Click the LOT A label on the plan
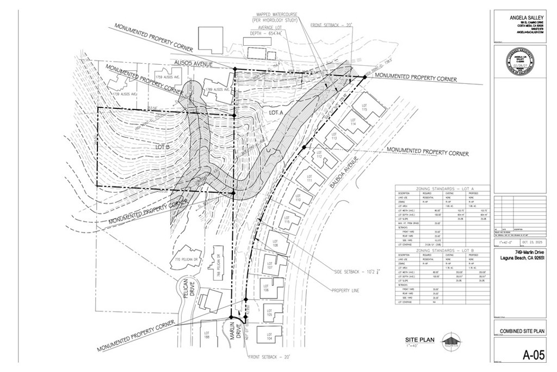(277, 112)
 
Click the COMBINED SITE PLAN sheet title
(523, 331)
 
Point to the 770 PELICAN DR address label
(185, 259)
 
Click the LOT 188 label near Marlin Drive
(207, 334)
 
